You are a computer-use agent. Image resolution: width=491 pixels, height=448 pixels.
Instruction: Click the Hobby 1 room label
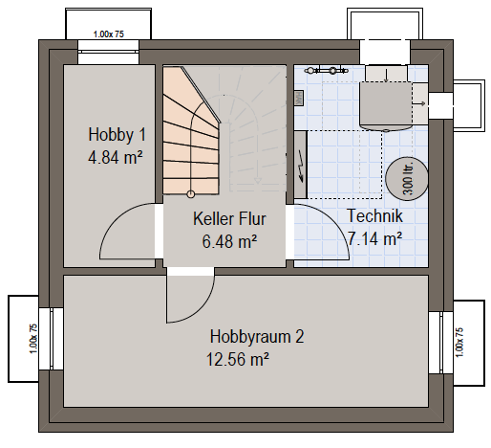(117, 134)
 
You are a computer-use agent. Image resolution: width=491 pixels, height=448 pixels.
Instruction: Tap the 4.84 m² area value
(116, 157)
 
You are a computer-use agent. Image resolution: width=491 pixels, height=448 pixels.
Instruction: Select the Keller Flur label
(229, 219)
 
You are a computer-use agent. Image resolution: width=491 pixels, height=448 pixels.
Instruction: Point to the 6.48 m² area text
(229, 241)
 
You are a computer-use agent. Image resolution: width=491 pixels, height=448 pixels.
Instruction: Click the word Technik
(374, 215)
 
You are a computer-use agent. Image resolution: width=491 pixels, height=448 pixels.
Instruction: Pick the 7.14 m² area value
(374, 238)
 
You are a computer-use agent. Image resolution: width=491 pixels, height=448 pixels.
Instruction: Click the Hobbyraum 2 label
(257, 337)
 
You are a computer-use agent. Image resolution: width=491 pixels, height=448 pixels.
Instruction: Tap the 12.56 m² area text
(238, 360)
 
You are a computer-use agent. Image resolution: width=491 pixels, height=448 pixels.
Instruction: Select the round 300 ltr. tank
(407, 179)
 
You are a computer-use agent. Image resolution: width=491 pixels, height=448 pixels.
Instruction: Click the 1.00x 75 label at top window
(108, 34)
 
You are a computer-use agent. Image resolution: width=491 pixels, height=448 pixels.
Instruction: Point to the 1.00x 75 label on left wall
(33, 339)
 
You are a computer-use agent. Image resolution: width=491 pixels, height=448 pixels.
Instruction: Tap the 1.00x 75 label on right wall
(459, 343)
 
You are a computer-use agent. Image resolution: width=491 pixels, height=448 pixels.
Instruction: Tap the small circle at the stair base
(190, 193)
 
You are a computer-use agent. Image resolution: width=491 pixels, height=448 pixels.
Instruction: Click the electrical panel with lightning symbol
(300, 165)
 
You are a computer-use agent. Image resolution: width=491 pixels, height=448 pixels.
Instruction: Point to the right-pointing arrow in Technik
(419, 103)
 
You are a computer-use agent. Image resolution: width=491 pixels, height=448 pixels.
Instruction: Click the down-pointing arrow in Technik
(386, 75)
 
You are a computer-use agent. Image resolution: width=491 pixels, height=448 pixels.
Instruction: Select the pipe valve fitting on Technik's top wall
(326, 70)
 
